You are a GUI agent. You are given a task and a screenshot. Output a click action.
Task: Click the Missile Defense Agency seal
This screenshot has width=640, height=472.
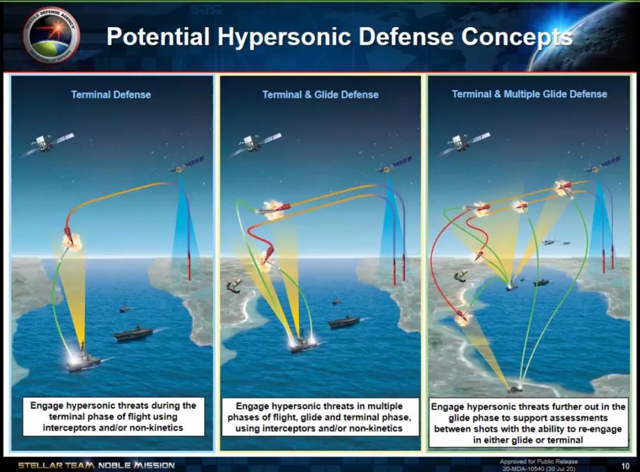point(52,36)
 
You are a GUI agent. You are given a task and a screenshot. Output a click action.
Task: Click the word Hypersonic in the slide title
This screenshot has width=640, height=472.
point(284,36)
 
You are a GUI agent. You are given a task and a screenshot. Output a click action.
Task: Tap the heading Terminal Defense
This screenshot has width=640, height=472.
point(111,95)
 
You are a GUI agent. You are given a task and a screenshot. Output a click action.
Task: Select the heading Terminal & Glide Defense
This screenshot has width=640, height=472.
point(321,95)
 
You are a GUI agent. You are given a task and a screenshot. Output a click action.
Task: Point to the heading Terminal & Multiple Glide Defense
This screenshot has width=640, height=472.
point(529,94)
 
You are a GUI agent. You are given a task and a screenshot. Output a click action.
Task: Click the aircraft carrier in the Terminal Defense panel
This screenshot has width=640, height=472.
point(133,333)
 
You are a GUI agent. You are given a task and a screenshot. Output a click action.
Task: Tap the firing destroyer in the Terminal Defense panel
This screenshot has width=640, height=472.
point(84,359)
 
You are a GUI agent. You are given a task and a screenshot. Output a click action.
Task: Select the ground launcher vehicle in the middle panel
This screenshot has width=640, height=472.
point(234,285)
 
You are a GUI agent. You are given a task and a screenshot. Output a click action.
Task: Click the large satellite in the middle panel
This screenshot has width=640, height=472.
point(255,144)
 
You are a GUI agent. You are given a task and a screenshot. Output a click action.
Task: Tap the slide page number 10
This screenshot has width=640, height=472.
point(625,465)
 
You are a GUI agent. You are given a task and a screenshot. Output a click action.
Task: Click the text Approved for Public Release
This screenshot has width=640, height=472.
point(539,461)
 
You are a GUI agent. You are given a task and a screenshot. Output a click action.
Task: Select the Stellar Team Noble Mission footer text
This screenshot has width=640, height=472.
point(97,465)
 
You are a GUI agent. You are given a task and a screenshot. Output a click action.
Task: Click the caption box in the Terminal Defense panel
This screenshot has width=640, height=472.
point(113,416)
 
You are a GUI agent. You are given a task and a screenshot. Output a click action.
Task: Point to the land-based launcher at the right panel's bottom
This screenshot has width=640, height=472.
point(515,390)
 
